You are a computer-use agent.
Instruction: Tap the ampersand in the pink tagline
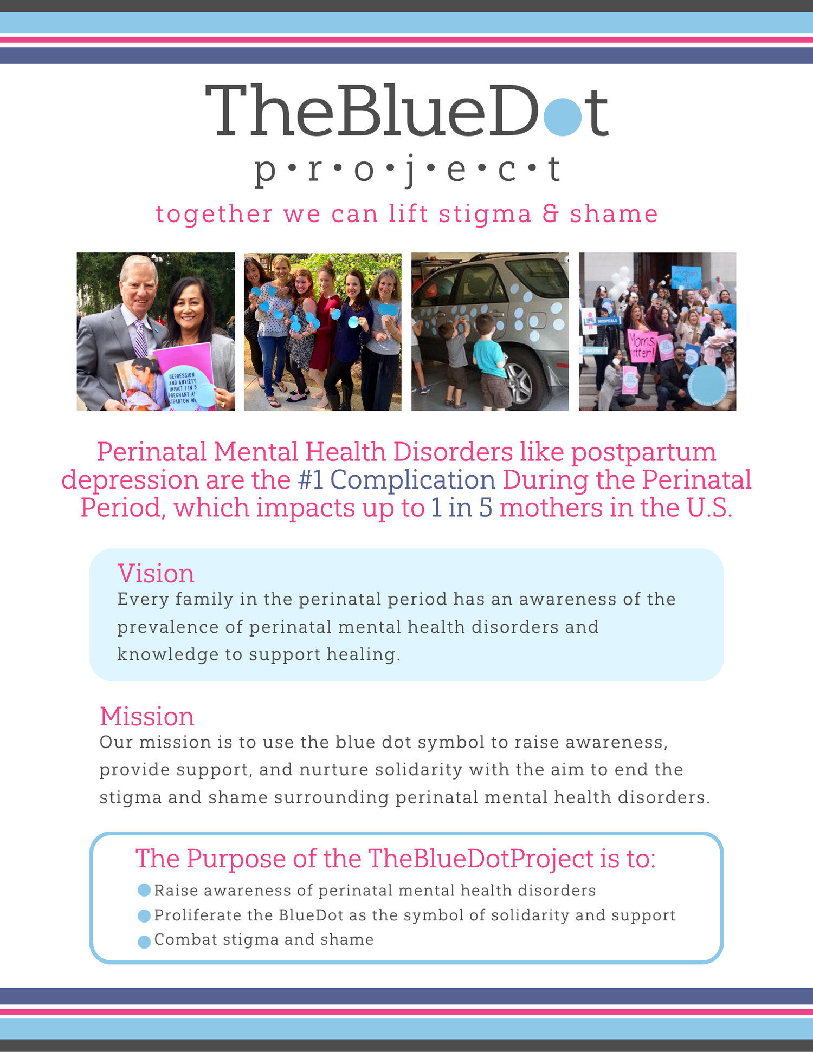click(x=551, y=213)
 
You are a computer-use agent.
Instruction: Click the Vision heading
click(x=156, y=574)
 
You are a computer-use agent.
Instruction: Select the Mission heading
click(x=147, y=717)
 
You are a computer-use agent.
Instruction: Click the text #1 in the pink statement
click(x=311, y=480)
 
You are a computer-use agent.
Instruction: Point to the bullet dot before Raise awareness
click(x=144, y=890)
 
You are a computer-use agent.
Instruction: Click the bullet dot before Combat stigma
click(x=144, y=941)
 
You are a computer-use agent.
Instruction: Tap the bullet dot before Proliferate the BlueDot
click(x=144, y=915)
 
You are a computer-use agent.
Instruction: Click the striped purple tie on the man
click(x=140, y=339)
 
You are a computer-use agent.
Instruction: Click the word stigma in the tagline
click(x=485, y=215)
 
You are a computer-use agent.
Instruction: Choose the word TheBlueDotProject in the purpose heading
click(x=481, y=859)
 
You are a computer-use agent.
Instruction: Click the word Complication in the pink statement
click(x=412, y=480)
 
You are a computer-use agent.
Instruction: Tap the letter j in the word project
click(x=409, y=170)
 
